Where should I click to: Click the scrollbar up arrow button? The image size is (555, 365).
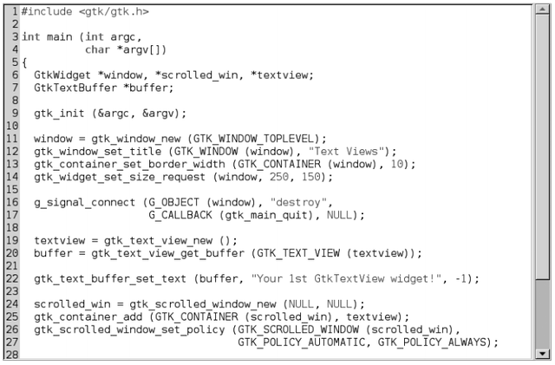tap(543, 10)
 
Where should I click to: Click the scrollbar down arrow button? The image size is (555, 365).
tap(543, 353)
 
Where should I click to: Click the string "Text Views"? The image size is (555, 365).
tap(358, 152)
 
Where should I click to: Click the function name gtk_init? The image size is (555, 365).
tap(60, 114)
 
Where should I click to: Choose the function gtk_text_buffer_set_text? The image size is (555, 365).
tap(111, 278)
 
